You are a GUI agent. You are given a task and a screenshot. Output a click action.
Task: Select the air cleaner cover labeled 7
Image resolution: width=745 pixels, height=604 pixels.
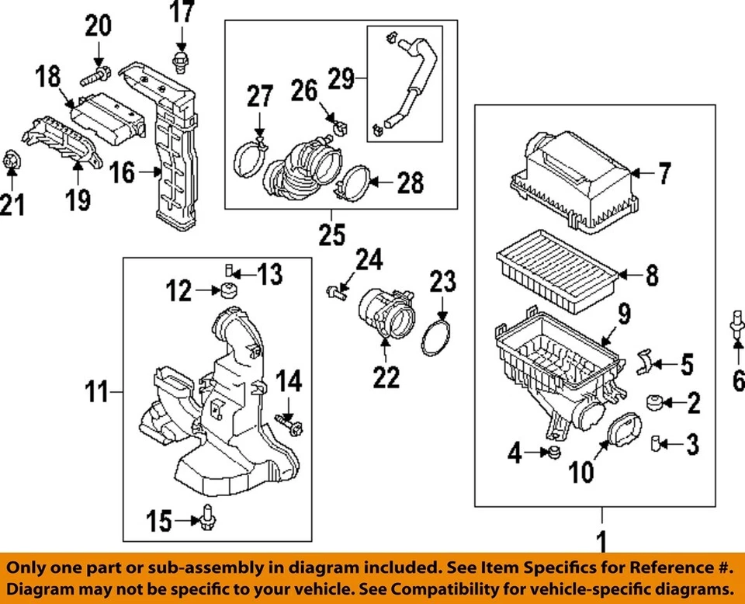[578, 179]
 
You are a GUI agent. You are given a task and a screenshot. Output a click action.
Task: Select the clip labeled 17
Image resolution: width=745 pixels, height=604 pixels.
[180, 61]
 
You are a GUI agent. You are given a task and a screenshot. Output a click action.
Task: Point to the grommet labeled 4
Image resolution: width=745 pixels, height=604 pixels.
[553, 452]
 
